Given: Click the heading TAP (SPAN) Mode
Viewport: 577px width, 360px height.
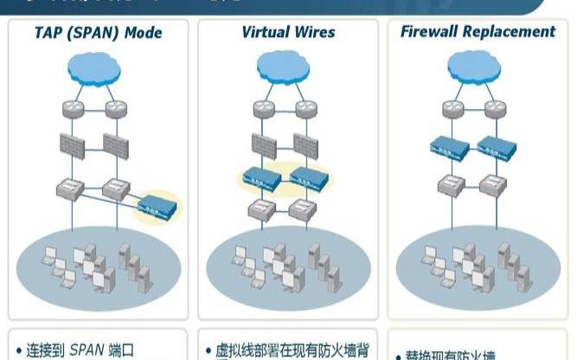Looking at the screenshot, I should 98,34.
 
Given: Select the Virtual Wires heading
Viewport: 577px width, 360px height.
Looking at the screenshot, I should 288,33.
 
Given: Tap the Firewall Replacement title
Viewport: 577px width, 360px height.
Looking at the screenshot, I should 478,32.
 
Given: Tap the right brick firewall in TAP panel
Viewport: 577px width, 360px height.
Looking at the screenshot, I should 117,145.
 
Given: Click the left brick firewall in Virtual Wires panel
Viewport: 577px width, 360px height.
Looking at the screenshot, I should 262,144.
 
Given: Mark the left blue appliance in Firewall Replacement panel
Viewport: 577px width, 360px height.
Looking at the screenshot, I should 450,147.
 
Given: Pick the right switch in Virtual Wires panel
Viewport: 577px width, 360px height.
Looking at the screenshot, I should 305,209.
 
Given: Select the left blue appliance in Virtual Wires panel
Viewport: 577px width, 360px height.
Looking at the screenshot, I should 260,177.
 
